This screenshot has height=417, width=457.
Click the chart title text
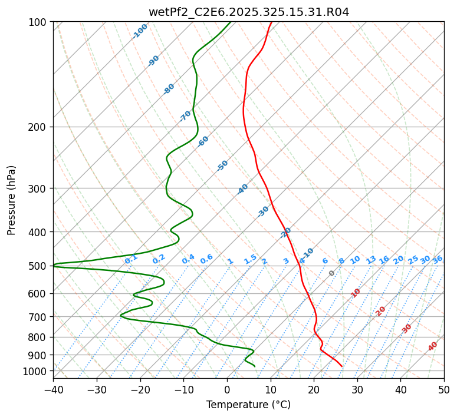248,12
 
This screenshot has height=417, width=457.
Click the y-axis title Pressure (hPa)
12,200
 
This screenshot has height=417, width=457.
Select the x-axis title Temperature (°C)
248,405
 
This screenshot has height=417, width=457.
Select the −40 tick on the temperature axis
53,389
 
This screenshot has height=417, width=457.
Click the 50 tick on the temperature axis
444,389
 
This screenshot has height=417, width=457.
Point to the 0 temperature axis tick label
227,389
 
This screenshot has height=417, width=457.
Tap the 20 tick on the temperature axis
314,389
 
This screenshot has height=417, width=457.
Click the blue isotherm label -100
140,31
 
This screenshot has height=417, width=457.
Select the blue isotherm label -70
185,116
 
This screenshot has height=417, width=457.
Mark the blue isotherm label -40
242,189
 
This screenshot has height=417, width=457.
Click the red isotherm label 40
433,346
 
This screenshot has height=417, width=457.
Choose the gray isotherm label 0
332,273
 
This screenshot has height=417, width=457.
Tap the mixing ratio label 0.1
131,259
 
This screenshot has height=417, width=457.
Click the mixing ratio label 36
438,259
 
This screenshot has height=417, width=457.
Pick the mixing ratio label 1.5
251,259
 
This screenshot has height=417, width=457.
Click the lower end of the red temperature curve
341,366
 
